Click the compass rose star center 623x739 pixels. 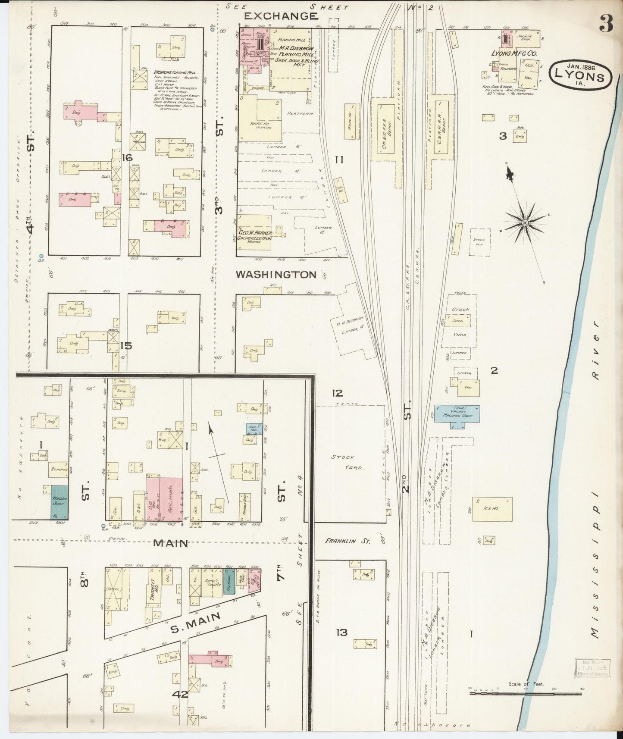tap(525, 222)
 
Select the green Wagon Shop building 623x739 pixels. tap(60, 502)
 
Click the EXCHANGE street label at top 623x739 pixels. tap(282, 16)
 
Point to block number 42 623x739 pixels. tap(180, 695)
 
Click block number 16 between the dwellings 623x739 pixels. tap(127, 158)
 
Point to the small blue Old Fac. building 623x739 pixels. tap(252, 428)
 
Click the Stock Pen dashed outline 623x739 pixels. tap(479, 243)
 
